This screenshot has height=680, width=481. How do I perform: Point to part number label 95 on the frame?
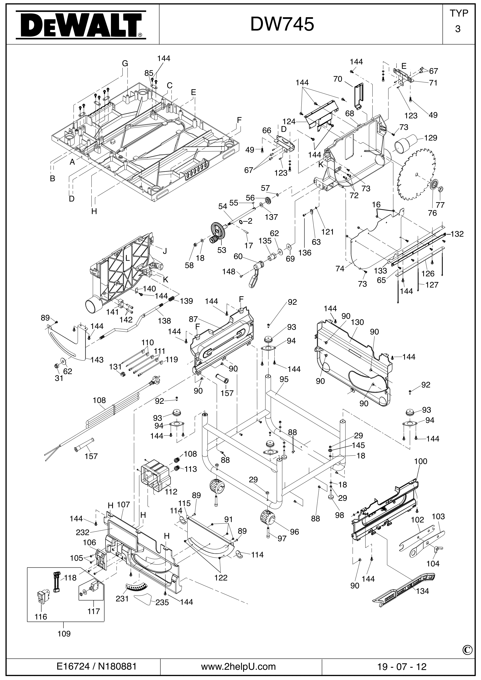pos(284,379)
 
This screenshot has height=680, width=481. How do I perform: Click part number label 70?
pos(338,79)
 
